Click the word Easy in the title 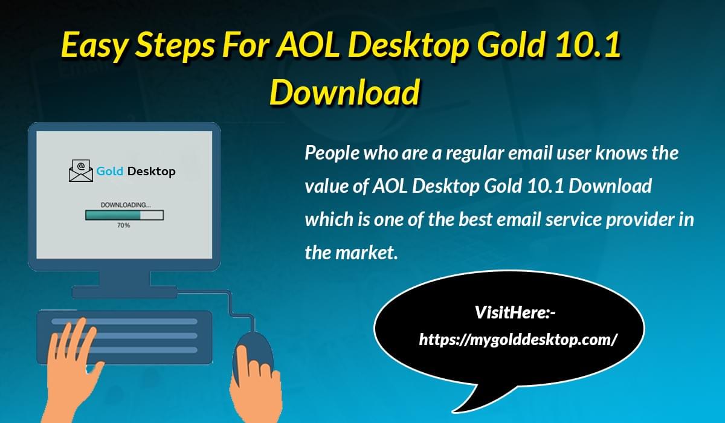click(x=94, y=46)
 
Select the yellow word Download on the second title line click(x=345, y=92)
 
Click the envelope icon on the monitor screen click(x=81, y=170)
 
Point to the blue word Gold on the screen click(x=110, y=171)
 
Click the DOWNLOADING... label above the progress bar click(x=126, y=205)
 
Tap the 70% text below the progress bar click(x=124, y=225)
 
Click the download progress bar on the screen click(x=124, y=215)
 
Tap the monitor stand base click(x=124, y=292)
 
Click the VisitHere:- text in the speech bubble click(x=515, y=312)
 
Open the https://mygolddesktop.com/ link click(x=518, y=340)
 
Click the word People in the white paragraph click(x=332, y=153)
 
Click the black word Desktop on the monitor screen click(x=152, y=172)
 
